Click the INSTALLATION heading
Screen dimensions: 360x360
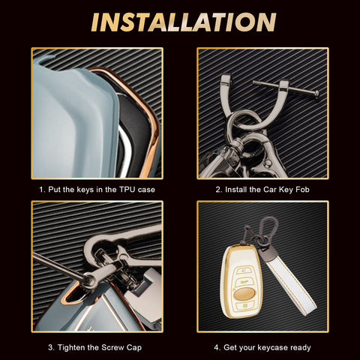(x=184, y=22)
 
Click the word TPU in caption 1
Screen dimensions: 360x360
(x=127, y=190)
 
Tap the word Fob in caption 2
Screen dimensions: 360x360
(x=302, y=190)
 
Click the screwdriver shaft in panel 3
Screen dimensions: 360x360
(x=58, y=267)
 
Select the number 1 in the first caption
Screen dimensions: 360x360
(x=41, y=190)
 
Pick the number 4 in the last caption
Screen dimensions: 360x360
(x=217, y=348)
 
